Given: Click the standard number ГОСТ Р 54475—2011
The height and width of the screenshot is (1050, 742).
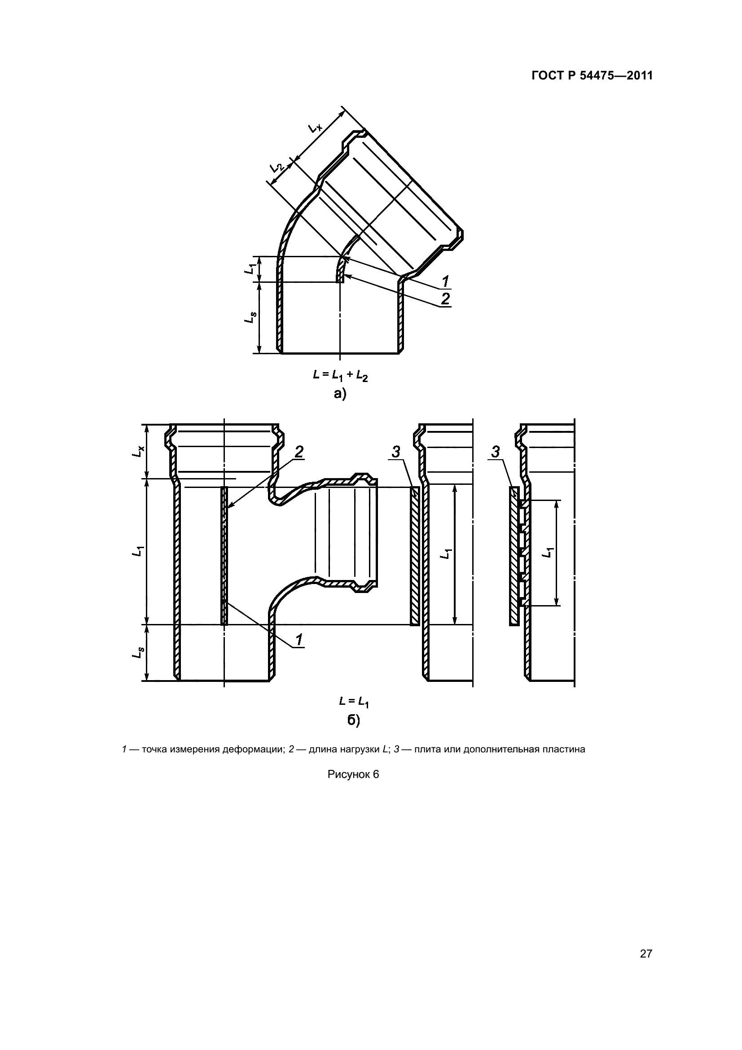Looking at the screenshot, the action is (592, 76).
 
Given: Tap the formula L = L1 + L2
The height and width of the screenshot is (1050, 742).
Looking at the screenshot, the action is (340, 375).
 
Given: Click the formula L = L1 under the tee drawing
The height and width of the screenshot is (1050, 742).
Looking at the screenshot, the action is (354, 701).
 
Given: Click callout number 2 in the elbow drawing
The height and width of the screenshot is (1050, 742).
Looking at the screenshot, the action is (445, 299).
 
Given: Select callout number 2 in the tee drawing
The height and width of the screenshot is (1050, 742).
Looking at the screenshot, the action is (299, 452).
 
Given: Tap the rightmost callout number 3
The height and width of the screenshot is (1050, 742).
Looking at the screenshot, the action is (496, 452).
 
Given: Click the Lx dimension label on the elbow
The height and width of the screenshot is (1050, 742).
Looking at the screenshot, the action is (315, 127).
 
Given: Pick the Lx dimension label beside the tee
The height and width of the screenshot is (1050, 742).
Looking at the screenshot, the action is (138, 451).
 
